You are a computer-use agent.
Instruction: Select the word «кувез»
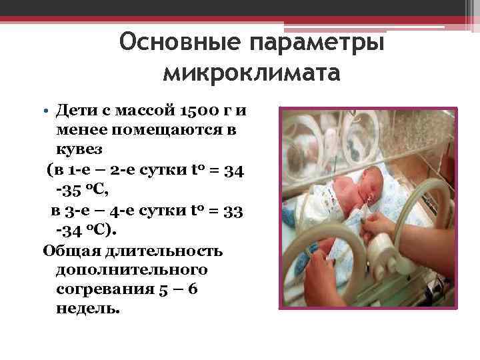(80, 149)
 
